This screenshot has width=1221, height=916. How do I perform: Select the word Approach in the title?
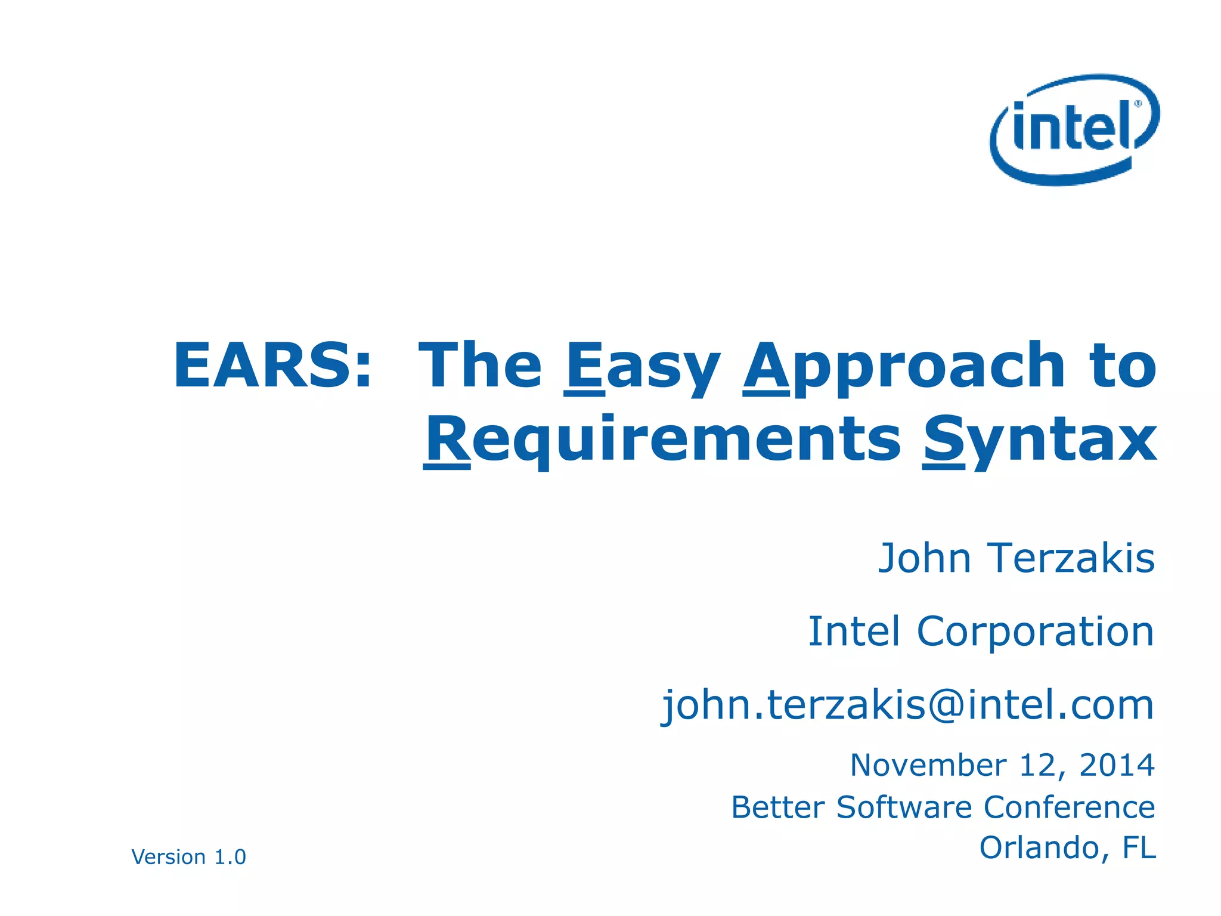pyautogui.click(x=904, y=367)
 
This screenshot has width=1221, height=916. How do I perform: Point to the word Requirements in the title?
pyautogui.click(x=662, y=440)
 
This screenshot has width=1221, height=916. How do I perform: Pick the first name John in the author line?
pyautogui.click(x=925, y=559)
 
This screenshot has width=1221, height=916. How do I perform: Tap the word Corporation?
pyautogui.click(x=1035, y=632)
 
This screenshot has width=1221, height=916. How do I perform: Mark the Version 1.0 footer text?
pyautogui.click(x=188, y=857)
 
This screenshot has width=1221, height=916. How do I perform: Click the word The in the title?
pyautogui.click(x=480, y=366)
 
